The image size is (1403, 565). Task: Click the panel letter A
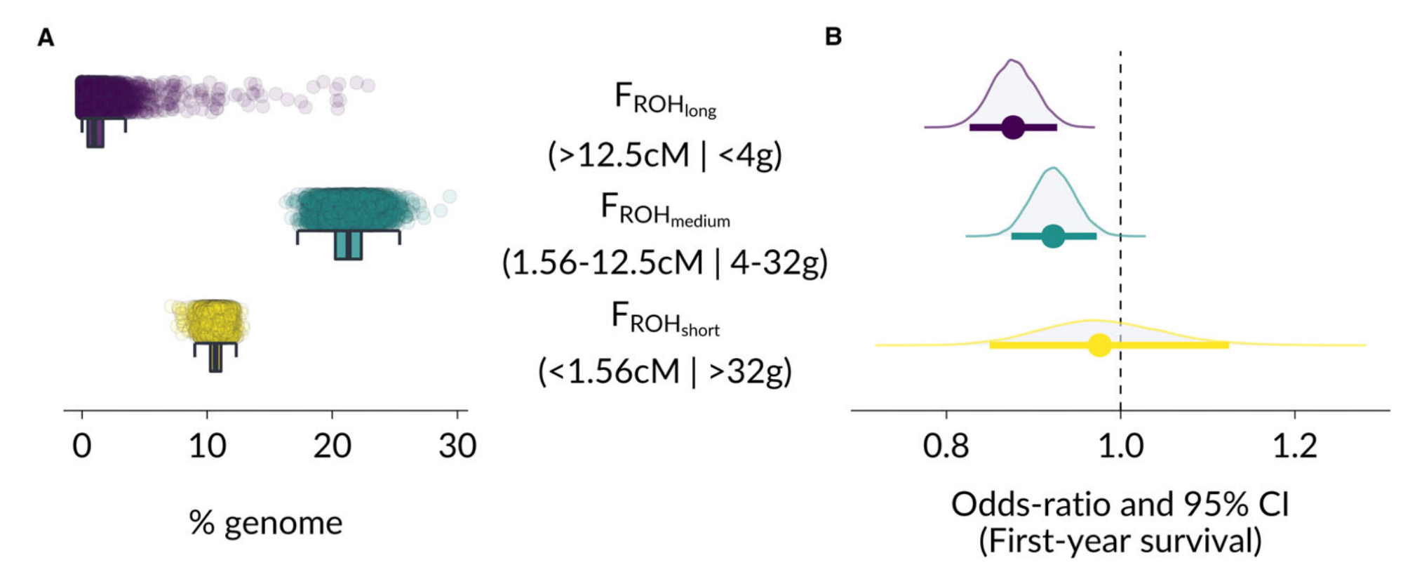pos(46,38)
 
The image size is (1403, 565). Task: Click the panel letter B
pos(833,36)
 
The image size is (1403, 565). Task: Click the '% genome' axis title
pos(266,523)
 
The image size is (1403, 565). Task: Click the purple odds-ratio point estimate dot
pos(1013,128)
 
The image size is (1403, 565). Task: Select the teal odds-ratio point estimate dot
pos(1053,237)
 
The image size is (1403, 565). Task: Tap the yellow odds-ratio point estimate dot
pos(1099,345)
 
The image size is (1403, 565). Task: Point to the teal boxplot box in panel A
pos(348,246)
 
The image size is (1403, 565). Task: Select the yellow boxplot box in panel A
pos(215,358)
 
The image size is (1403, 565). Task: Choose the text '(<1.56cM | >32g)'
pos(664,372)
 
